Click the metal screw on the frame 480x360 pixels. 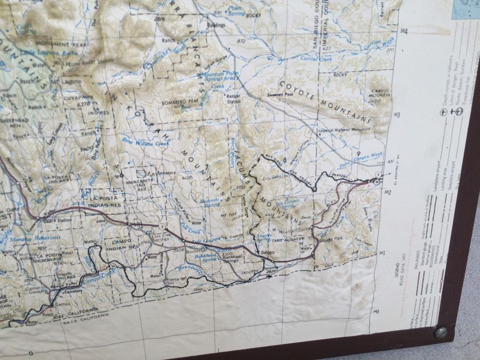click(441, 332)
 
